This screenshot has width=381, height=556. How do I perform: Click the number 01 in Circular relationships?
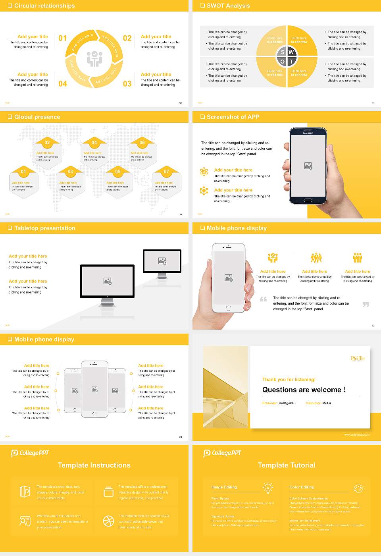63,38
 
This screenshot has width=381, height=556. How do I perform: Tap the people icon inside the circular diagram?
94,59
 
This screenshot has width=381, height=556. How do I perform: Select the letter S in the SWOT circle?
283,52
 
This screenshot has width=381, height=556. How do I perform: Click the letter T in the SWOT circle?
291,62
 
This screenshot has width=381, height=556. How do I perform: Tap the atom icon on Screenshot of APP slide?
204,172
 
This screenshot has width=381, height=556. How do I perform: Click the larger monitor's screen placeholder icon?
108,281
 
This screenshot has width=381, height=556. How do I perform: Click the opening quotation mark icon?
264,299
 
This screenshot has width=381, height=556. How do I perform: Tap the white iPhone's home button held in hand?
228,308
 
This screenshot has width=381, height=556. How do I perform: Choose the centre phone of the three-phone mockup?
94,389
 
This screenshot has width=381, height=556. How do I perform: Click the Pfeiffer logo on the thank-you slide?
358,358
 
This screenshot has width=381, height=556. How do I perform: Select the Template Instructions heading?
94,465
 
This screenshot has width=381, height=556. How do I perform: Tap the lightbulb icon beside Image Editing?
268,487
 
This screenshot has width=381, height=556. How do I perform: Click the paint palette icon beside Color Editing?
358,488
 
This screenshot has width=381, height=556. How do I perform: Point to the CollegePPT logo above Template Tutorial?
222,453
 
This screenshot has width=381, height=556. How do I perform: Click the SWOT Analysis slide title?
228,6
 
